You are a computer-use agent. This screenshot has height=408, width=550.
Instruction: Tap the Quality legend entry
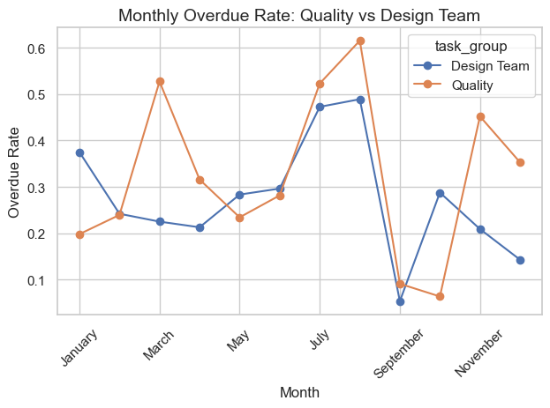coord(473,85)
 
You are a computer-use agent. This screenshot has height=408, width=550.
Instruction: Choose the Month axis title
coord(299,392)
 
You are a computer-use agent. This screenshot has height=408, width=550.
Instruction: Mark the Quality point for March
coord(160,81)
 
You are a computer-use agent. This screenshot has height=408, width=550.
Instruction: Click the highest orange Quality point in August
coord(360,41)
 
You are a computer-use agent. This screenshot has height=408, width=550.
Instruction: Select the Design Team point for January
coord(79,152)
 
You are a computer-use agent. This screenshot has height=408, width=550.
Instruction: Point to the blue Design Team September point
coord(400,301)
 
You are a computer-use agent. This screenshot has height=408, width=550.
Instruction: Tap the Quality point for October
coord(440,296)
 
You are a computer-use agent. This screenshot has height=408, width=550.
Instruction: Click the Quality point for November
coord(480,116)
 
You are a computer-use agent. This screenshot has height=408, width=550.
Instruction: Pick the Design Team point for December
coord(520,260)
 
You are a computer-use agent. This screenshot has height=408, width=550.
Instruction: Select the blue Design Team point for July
coord(320,107)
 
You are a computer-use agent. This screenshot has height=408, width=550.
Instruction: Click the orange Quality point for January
coord(79,234)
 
